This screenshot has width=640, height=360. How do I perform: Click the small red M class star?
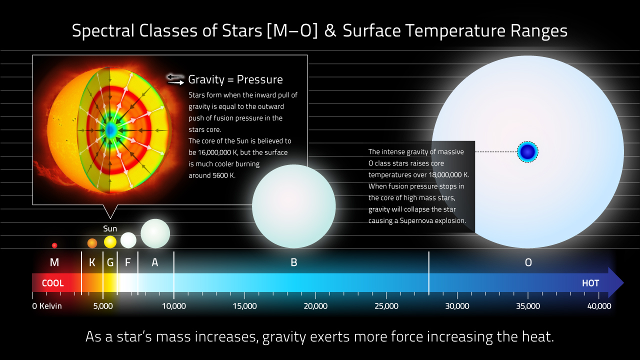click(x=54, y=245)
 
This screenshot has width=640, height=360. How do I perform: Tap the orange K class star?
click(x=92, y=243)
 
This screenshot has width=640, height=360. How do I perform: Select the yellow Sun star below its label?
click(x=110, y=242)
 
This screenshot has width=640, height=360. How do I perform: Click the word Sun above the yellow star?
click(x=110, y=228)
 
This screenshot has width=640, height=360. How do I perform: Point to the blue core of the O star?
click(x=527, y=151)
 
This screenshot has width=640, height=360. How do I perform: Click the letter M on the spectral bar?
click(x=54, y=262)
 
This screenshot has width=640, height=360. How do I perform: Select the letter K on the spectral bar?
click(x=92, y=262)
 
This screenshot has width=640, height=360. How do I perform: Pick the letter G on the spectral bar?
click(x=110, y=262)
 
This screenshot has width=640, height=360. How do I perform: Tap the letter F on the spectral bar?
click(x=127, y=262)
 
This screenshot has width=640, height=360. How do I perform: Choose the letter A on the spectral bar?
click(x=155, y=262)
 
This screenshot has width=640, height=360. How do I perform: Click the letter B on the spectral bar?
click(x=293, y=262)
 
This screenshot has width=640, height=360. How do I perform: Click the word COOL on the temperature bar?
click(x=53, y=283)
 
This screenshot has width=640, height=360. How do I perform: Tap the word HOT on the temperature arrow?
click(x=590, y=283)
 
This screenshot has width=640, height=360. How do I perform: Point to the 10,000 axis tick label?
click(x=173, y=306)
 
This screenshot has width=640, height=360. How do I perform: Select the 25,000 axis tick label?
click(x=386, y=306)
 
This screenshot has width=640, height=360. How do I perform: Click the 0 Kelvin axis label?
click(x=47, y=306)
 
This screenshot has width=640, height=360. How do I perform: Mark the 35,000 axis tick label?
click(x=528, y=306)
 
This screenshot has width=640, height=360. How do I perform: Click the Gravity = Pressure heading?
click(x=235, y=79)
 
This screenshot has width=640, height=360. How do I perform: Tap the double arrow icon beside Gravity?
click(x=175, y=79)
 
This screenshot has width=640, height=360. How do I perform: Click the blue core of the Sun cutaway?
click(x=110, y=130)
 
